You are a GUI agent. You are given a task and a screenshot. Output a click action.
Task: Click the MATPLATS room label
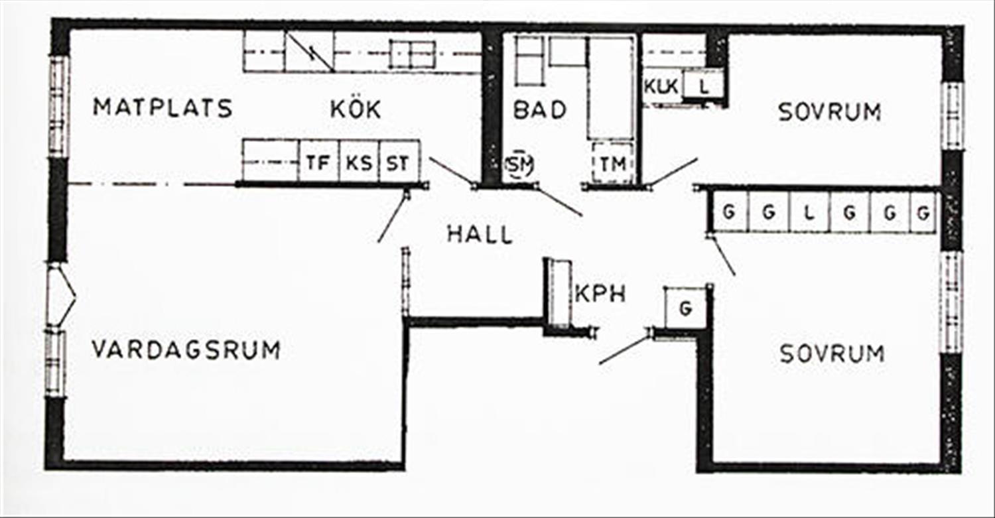tap(163, 108)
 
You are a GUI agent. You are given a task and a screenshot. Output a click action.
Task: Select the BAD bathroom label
tap(540, 109)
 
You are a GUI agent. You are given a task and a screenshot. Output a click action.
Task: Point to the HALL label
tap(480, 234)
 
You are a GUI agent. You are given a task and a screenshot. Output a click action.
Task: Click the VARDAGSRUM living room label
tap(186, 350)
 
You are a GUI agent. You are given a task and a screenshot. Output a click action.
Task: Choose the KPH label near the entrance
tap(600, 294)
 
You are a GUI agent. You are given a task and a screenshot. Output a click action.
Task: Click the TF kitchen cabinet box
tap(319, 161)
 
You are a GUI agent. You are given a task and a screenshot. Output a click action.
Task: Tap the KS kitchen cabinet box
tap(360, 161)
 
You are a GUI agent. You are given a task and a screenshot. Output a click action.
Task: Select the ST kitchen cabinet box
tap(399, 161)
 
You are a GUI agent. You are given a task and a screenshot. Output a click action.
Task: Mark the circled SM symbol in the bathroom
tap(519, 164)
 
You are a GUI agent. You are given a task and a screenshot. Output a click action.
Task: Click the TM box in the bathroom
tap(613, 163)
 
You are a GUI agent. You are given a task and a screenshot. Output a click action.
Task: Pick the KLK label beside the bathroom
tap(661, 86)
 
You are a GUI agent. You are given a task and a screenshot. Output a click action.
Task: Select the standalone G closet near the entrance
tap(685, 308)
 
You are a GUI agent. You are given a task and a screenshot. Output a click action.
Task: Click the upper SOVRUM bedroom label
tap(829, 112)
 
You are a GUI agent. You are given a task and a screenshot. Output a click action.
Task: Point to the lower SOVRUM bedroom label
tap(832, 354)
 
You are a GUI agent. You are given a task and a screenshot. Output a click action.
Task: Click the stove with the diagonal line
tap(309, 51)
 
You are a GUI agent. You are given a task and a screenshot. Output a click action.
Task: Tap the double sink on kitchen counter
tap(412, 54)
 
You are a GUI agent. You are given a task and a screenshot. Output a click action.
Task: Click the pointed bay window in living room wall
tap(61, 296)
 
